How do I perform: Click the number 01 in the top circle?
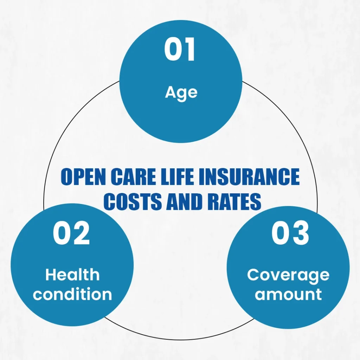180,50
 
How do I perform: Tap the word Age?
181,92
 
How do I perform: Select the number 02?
71,234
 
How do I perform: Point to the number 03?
290,234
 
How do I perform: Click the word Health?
72,275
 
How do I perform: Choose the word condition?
72,294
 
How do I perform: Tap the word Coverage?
288,275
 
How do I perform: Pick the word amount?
288,294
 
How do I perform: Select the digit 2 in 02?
81,234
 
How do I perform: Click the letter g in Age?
181,94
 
